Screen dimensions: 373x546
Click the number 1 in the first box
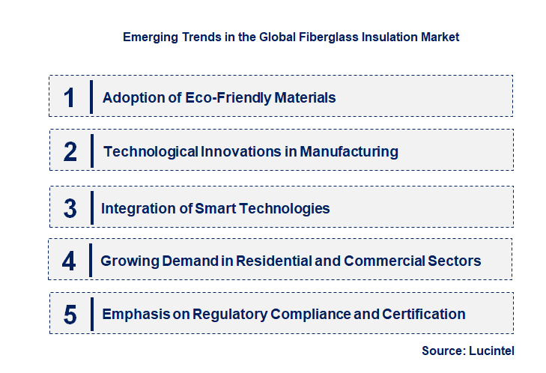click(x=69, y=97)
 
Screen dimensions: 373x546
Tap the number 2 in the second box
click(x=70, y=152)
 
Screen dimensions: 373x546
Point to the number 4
click(x=69, y=261)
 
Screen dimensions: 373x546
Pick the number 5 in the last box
click(x=70, y=315)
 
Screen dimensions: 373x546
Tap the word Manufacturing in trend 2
click(x=349, y=152)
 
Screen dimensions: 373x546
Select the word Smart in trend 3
click(x=215, y=209)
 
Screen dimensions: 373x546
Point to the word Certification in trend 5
click(x=425, y=315)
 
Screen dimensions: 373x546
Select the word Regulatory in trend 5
click(x=228, y=315)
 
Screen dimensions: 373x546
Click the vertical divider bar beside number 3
click(x=91, y=207)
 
